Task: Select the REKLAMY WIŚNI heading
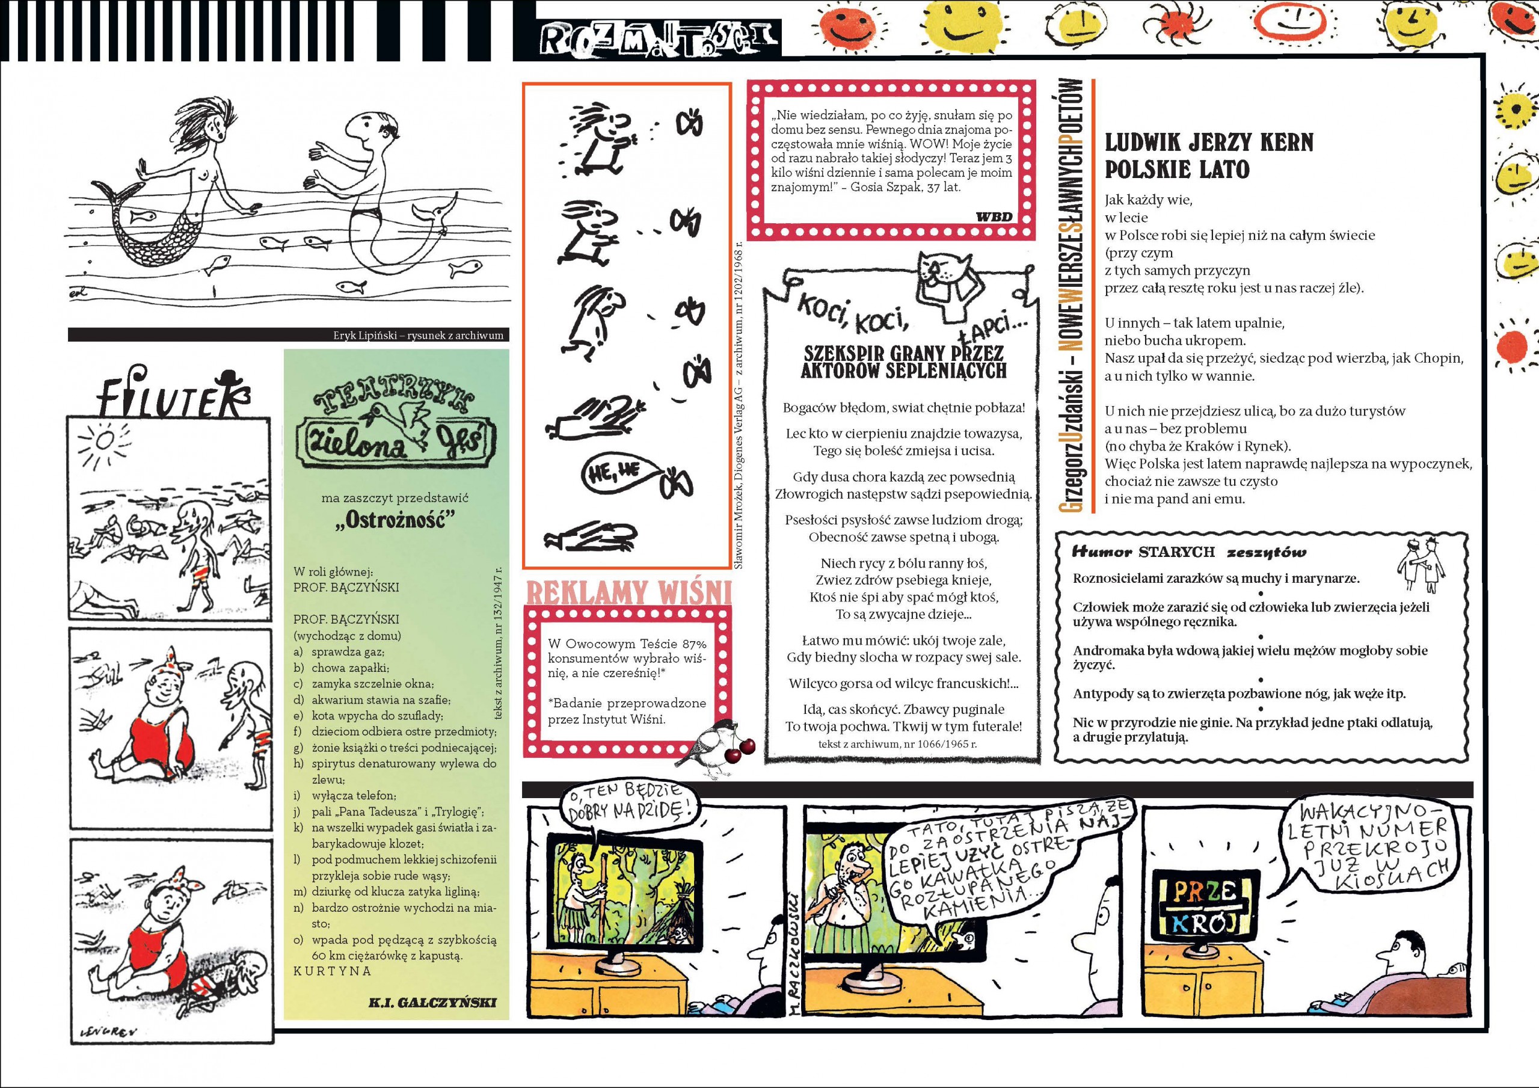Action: [x=627, y=592]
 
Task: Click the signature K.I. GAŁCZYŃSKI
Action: [x=432, y=1003]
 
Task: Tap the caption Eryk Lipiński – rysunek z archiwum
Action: [x=417, y=335]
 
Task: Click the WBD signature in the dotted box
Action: [x=994, y=217]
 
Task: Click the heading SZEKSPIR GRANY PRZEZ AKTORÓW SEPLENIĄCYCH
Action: [x=903, y=362]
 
